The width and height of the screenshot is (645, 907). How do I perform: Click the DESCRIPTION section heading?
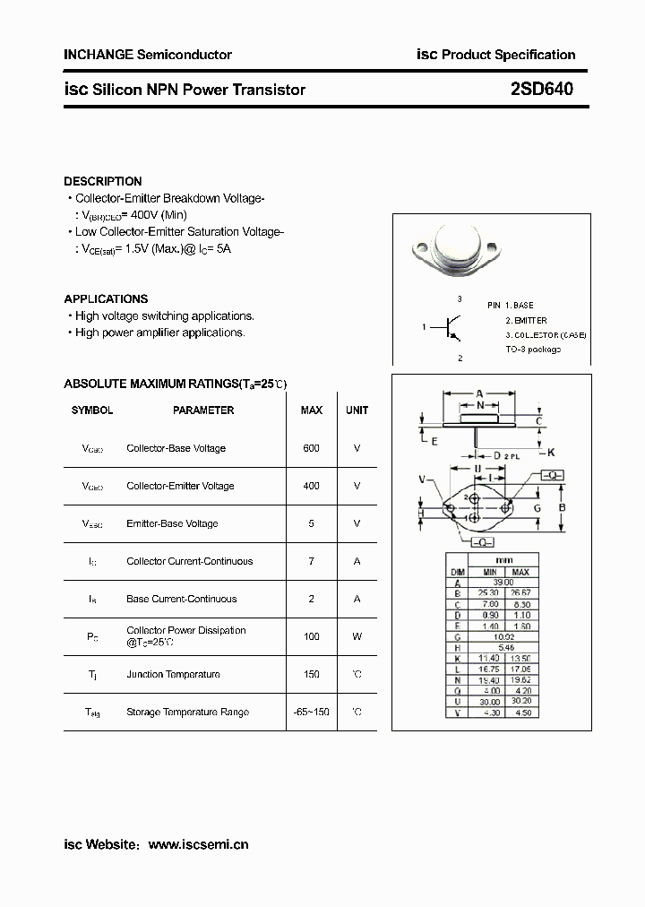click(103, 181)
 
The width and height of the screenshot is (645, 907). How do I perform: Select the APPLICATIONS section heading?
click(106, 298)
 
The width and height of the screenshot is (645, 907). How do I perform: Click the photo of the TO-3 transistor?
click(454, 247)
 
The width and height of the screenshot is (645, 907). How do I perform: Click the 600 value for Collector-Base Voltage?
click(311, 448)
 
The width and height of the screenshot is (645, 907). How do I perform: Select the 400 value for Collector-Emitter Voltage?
click(311, 486)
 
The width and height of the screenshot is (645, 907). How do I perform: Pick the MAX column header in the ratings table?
click(312, 410)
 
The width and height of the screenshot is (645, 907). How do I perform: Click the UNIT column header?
click(357, 410)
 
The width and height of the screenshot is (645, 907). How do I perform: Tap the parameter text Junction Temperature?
click(173, 674)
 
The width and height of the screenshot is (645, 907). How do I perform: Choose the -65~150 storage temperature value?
click(311, 712)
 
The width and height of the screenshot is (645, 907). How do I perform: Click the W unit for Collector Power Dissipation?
click(357, 636)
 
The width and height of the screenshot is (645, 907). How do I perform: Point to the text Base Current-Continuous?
click(182, 599)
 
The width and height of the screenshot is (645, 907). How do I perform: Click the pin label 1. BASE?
click(519, 306)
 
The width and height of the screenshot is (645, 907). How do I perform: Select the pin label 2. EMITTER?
click(526, 320)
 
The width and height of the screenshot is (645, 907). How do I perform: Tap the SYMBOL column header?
click(92, 410)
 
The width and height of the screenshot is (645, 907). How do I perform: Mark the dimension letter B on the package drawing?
click(562, 508)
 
